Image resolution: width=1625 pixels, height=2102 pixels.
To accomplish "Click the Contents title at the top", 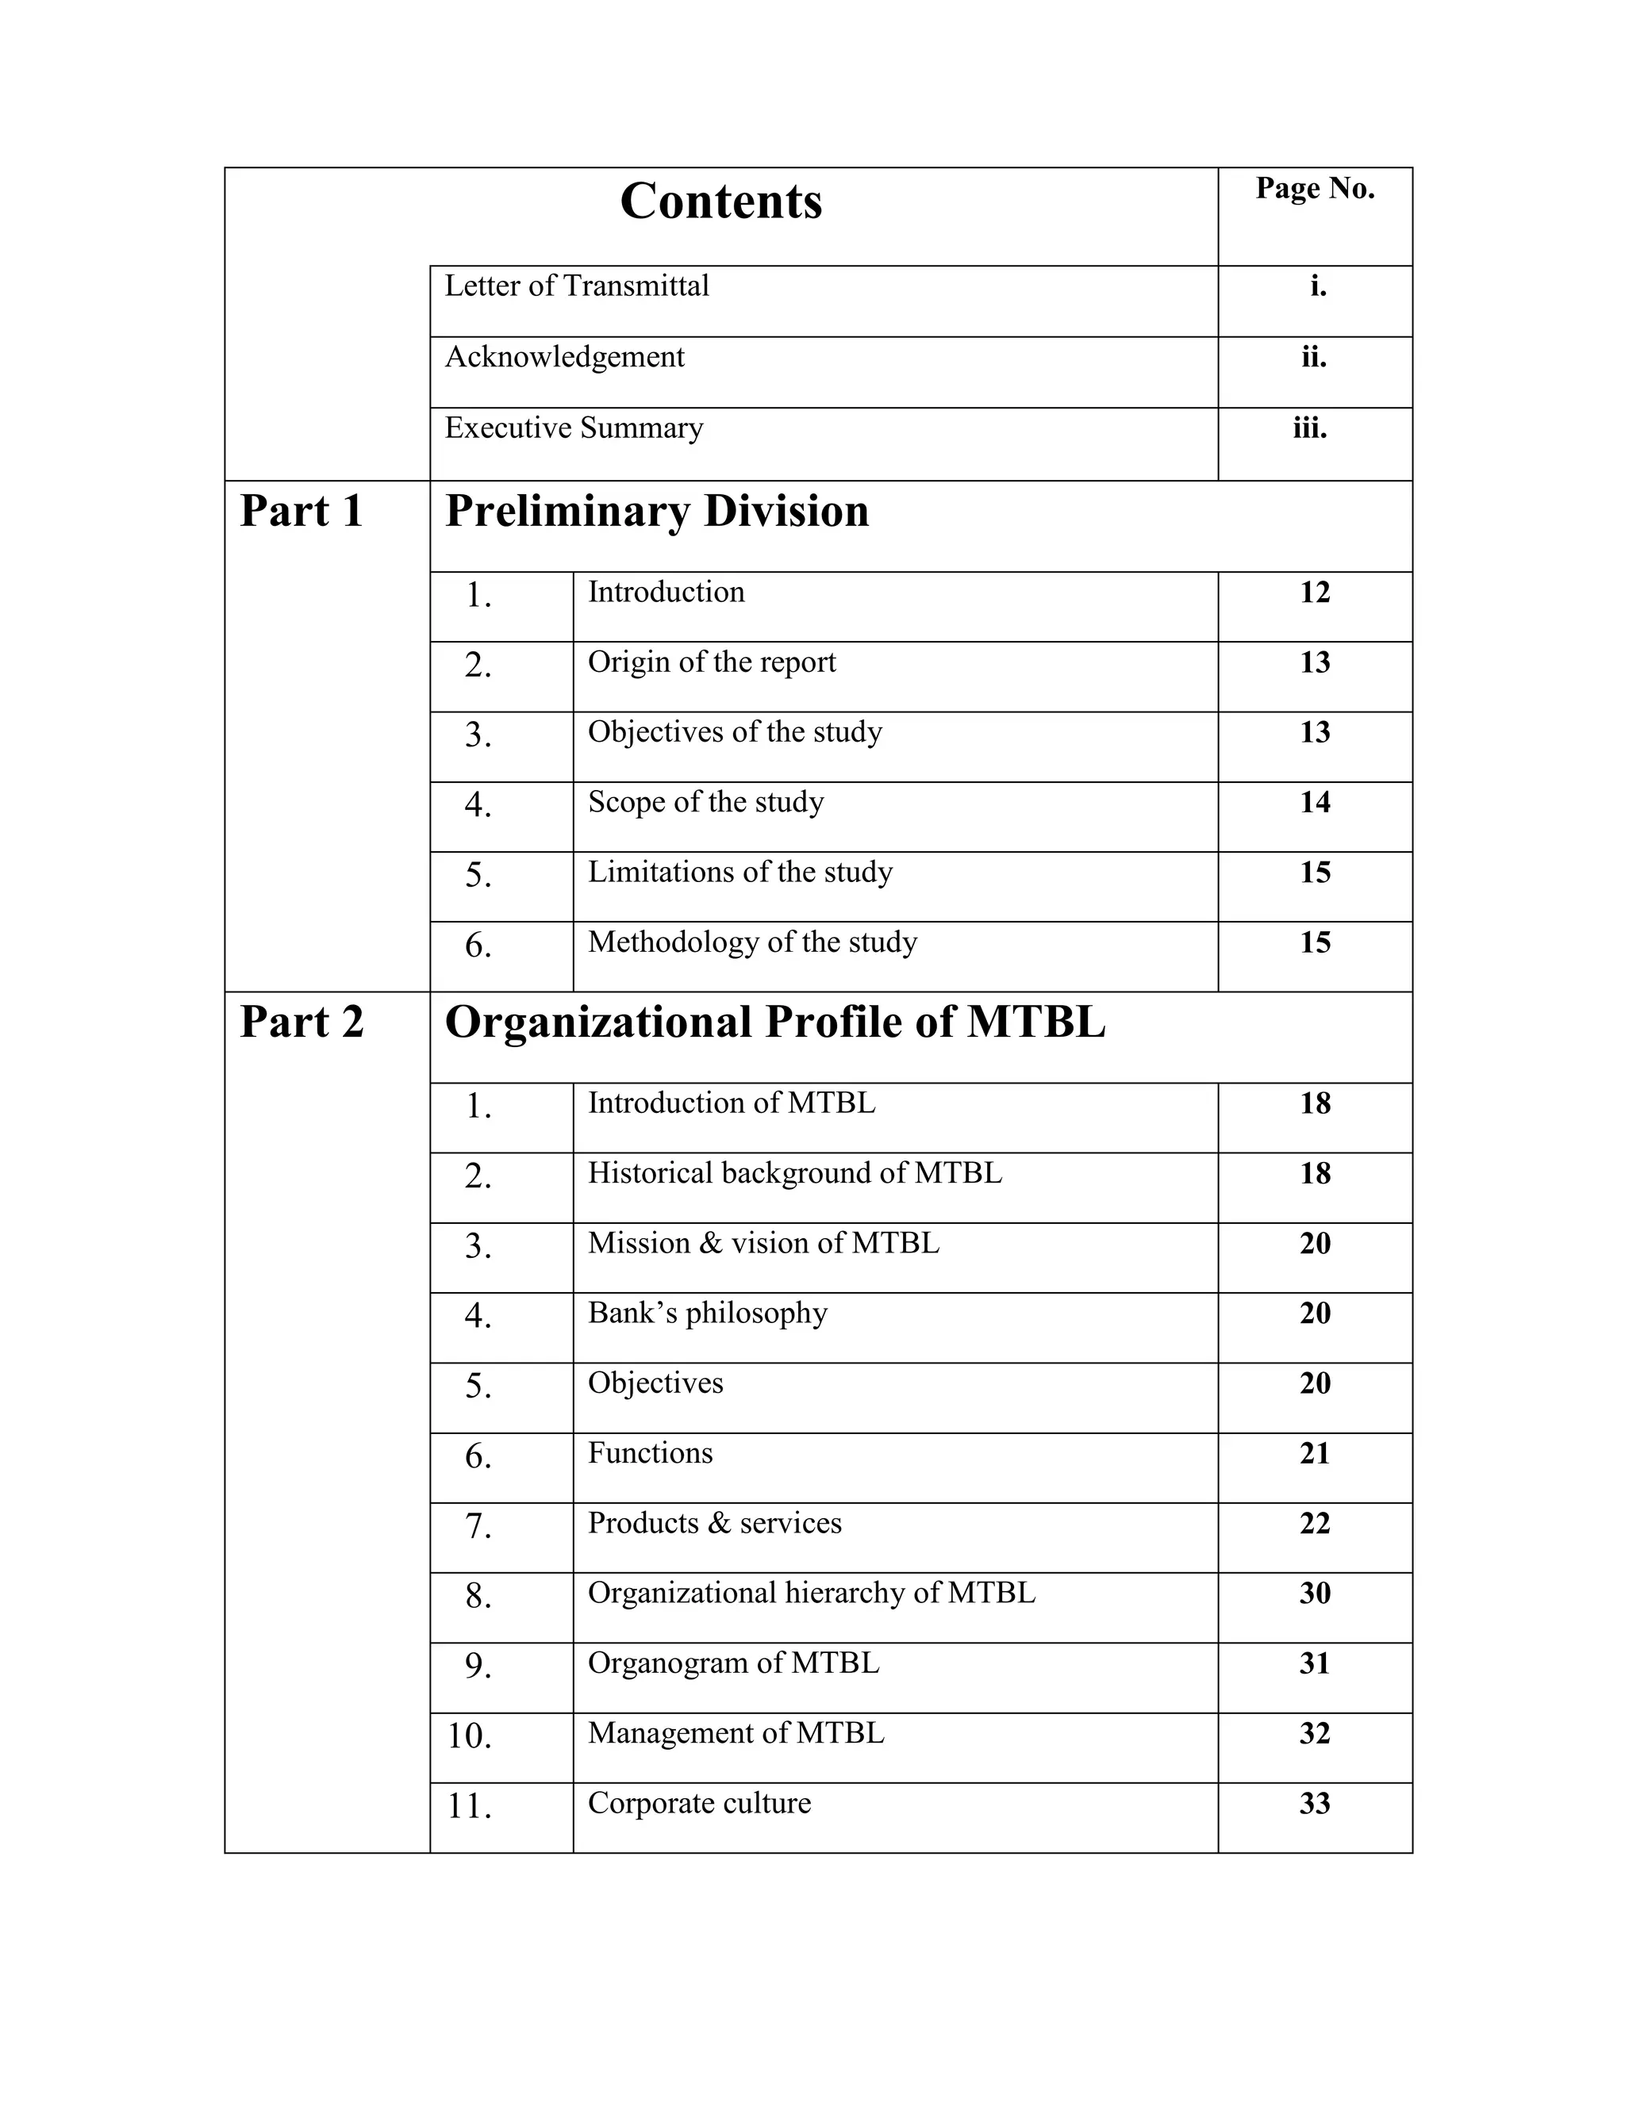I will (x=720, y=201).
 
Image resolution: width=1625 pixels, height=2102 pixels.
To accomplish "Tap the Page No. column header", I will (x=1314, y=189).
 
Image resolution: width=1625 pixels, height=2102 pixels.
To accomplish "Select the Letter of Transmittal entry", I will (x=577, y=286).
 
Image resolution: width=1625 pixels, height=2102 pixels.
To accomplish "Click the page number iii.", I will (x=1309, y=428).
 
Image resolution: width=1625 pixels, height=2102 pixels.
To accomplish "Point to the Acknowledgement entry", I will (x=564, y=357).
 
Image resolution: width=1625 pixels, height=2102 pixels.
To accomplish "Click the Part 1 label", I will (x=301, y=511).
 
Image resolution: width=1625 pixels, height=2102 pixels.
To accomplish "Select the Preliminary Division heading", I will (x=656, y=511).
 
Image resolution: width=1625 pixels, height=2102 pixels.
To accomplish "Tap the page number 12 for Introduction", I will (x=1314, y=592).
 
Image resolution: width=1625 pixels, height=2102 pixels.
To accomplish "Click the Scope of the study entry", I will (x=705, y=802).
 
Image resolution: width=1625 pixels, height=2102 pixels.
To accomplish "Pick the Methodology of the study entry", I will (x=752, y=942).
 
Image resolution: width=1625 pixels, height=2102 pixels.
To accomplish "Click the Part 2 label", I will (x=302, y=1022).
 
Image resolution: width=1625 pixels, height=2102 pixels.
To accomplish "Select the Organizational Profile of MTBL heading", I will (x=775, y=1022).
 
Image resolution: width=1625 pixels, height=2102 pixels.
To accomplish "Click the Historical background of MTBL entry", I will (x=794, y=1172).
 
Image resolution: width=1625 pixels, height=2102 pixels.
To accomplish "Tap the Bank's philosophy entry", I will (x=708, y=1313).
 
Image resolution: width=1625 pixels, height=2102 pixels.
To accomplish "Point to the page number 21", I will (x=1314, y=1453).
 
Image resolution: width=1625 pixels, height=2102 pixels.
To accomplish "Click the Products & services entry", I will (x=714, y=1523).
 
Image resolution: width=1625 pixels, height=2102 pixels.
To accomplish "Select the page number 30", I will (x=1314, y=1593).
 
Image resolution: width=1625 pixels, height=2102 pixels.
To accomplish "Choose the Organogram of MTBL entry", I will (x=734, y=1663).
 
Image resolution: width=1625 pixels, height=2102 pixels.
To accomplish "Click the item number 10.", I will (x=470, y=1736).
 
